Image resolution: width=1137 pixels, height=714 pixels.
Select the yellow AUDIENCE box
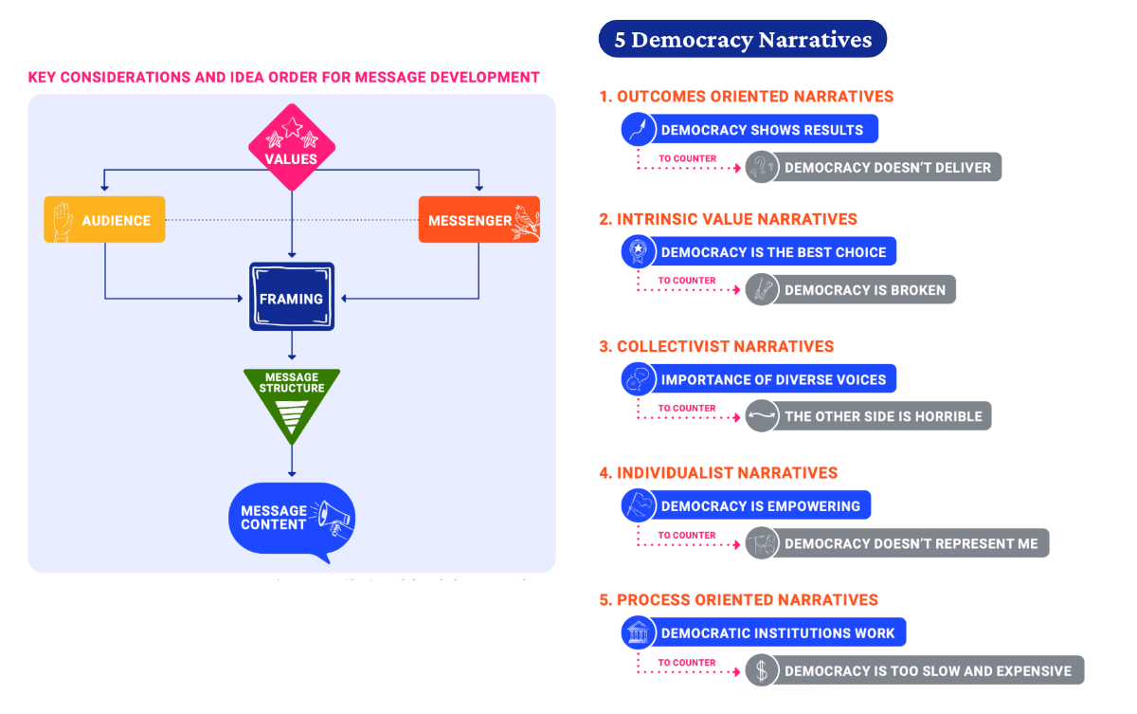105,220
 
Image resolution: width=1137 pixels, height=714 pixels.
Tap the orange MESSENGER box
478,220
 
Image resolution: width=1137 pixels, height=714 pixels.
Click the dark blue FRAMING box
292,298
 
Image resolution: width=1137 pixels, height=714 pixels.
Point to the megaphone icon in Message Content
333,516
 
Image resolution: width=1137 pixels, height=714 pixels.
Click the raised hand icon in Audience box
63,220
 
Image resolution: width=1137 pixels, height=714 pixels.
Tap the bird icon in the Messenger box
525,220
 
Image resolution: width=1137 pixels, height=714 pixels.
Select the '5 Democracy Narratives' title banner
742,40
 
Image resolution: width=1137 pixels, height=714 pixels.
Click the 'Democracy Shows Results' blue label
762,130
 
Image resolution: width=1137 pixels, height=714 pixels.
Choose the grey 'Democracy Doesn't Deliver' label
887,168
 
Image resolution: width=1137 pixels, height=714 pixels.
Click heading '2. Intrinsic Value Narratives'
728,219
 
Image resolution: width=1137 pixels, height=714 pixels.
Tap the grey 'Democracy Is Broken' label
864,290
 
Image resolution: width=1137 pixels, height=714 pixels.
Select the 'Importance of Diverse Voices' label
773,380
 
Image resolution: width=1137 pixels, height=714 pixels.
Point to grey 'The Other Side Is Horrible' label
883,416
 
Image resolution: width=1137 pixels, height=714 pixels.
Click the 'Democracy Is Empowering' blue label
760,506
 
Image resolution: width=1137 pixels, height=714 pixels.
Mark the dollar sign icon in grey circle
761,670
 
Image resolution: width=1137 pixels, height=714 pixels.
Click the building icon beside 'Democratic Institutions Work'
639,632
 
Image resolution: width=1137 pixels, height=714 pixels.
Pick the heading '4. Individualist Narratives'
718,472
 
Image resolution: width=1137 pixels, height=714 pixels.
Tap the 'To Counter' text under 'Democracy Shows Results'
687,158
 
